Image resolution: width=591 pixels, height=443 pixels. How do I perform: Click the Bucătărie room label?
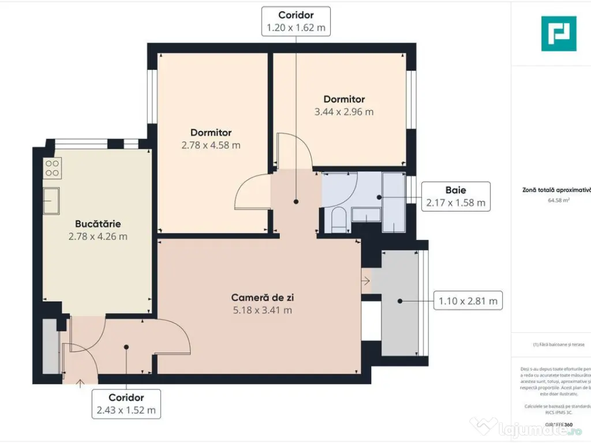pos(98,224)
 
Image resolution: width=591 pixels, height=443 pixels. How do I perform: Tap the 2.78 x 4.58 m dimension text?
pos(211,145)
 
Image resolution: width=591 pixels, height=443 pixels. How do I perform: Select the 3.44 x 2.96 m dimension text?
pos(343,112)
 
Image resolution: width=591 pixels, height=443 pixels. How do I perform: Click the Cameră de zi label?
pos(259,298)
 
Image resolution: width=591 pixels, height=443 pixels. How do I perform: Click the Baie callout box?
pos(455,196)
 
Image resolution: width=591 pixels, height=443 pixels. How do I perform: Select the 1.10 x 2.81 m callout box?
pos(468,301)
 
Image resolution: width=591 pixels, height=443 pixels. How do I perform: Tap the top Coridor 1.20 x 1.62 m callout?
pos(296,21)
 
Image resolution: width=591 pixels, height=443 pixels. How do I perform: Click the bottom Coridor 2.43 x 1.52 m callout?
pos(126,404)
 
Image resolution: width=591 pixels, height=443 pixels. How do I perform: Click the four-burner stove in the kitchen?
pos(53,167)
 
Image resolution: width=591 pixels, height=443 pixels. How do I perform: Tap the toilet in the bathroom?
pos(339,220)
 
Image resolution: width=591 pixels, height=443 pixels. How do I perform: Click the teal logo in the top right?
pos(558,33)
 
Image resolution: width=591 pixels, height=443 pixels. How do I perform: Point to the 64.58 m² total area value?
pos(559,201)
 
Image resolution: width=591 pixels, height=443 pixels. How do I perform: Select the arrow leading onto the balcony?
pos(365,281)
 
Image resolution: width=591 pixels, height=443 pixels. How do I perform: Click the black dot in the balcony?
pos(401,301)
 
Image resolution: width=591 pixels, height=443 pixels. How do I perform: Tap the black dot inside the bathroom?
pos(379,197)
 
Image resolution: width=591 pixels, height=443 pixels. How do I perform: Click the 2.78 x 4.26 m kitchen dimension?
pos(98,236)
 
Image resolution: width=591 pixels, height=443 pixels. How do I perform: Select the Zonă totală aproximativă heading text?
pos(556,190)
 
